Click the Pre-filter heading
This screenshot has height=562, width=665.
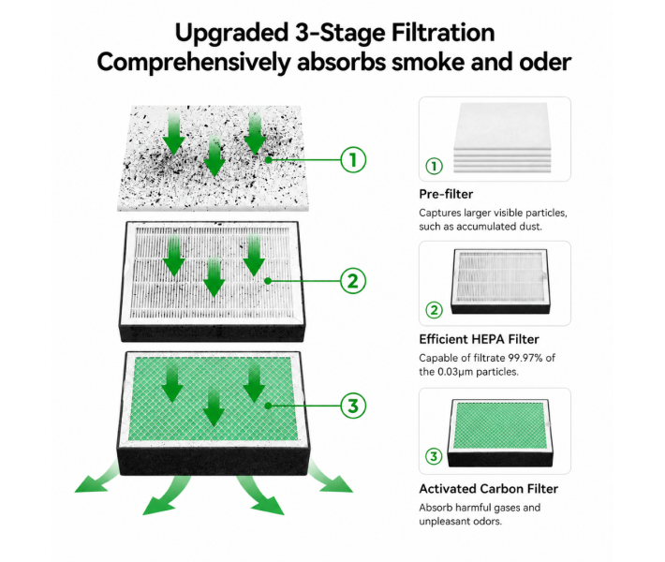click(446, 194)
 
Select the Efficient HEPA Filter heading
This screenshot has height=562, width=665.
click(479, 339)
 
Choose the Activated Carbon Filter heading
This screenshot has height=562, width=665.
click(489, 489)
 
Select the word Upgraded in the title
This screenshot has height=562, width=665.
click(231, 34)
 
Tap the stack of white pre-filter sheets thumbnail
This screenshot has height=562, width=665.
click(502, 138)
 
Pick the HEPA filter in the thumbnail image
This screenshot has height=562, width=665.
click(500, 281)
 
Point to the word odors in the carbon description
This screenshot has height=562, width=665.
click(487, 522)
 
